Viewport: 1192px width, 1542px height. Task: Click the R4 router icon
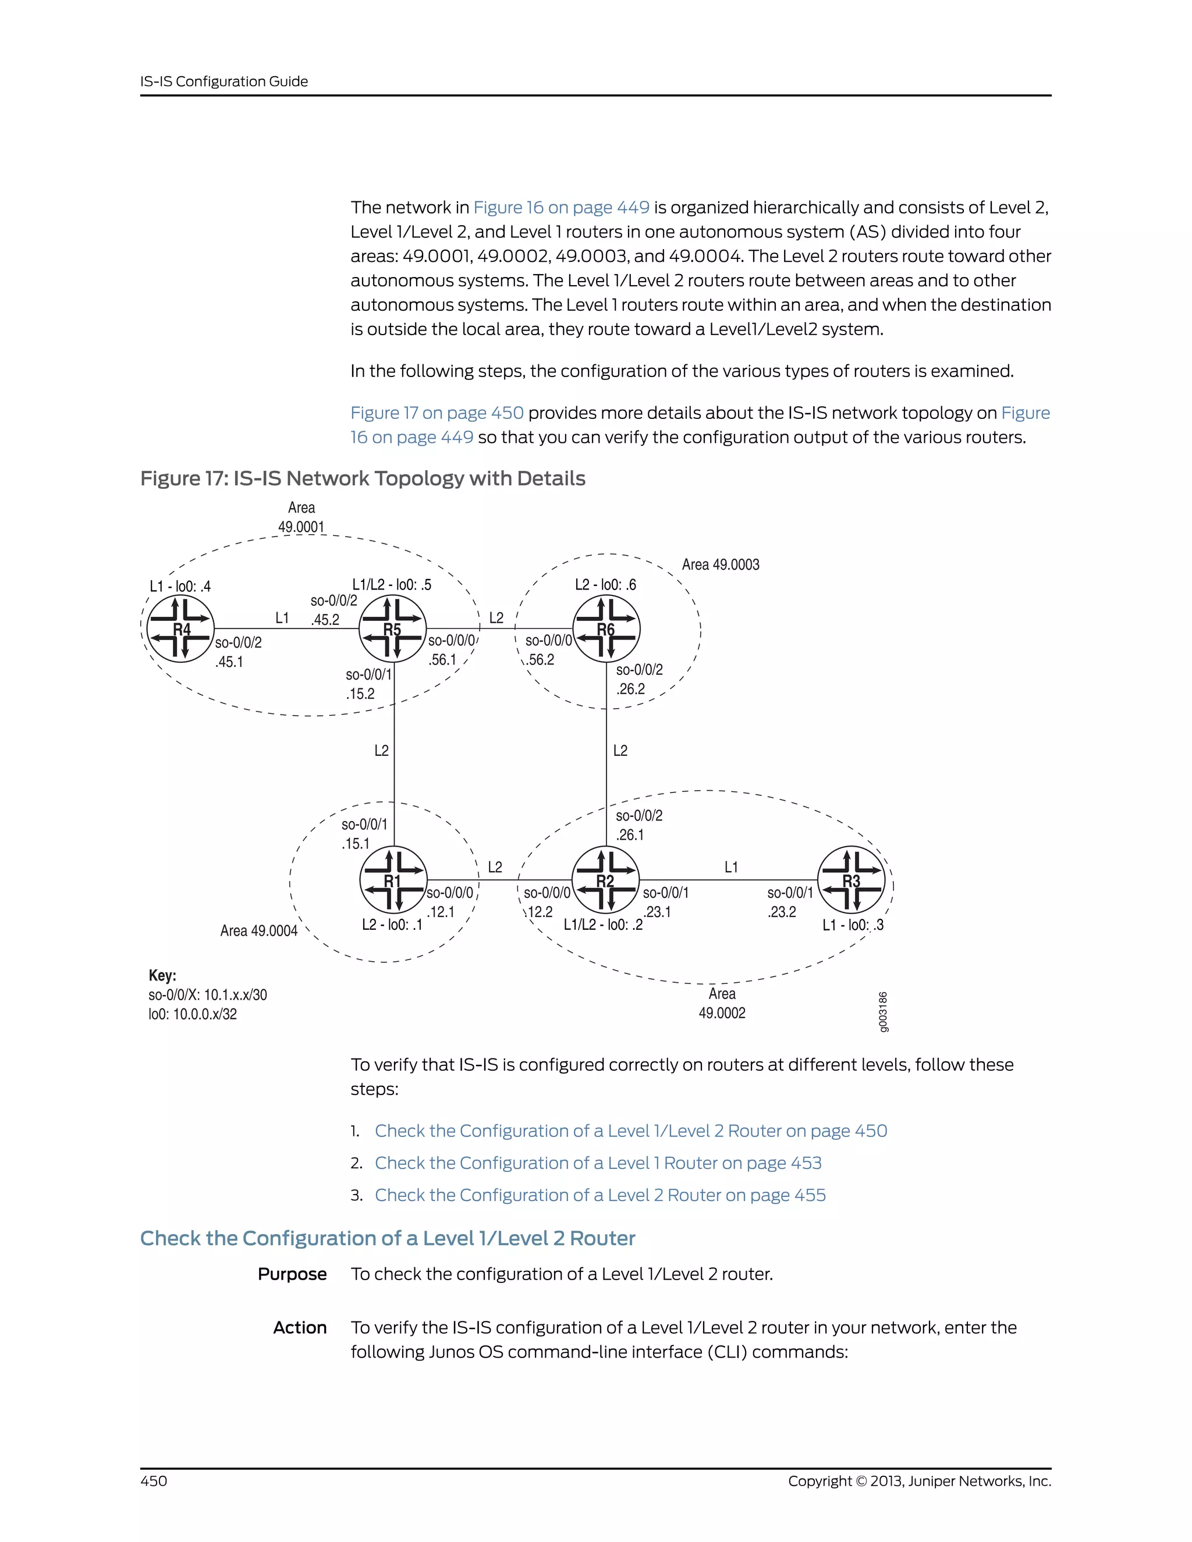[181, 628]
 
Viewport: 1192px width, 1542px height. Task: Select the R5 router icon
[393, 628]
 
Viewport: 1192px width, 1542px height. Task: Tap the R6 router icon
[606, 628]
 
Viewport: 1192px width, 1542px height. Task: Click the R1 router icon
[393, 880]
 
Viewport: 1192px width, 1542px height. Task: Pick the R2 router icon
[605, 880]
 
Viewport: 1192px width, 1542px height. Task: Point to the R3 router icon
[852, 880]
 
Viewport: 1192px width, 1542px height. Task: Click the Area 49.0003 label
[721, 565]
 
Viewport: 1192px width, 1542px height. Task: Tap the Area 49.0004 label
[258, 930]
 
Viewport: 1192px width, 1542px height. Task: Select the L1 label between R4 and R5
[282, 618]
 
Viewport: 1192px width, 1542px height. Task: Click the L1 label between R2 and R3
[731, 867]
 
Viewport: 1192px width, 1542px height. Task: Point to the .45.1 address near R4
[229, 662]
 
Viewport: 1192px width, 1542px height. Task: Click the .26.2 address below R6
[630, 689]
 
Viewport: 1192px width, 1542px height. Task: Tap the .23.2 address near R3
[782, 911]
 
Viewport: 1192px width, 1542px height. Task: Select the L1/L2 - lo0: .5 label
[391, 585]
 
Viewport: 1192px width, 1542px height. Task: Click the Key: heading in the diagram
[162, 975]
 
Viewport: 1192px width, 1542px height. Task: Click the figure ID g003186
[884, 1012]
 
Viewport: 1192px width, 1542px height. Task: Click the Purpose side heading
[292, 1274]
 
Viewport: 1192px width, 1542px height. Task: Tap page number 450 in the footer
[153, 1480]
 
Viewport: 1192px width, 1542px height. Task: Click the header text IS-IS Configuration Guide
[224, 81]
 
